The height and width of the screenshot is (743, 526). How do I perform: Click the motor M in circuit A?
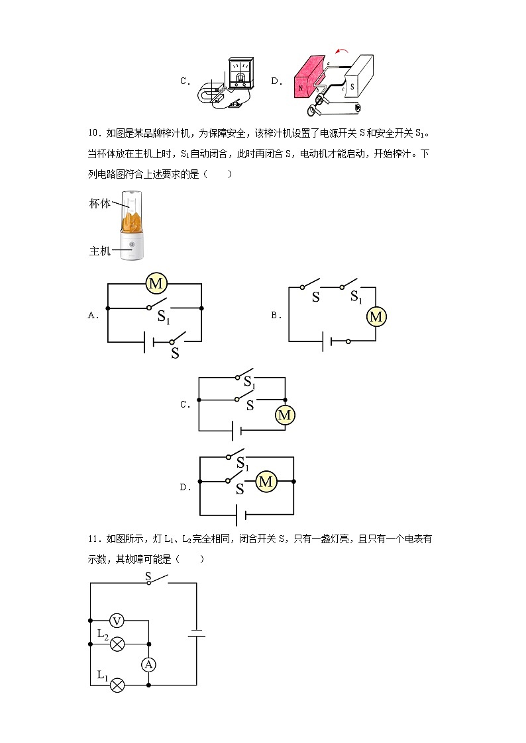pyautogui.click(x=156, y=284)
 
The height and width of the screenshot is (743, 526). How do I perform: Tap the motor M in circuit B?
pyautogui.click(x=376, y=317)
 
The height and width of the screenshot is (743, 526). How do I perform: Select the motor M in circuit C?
pyautogui.click(x=285, y=415)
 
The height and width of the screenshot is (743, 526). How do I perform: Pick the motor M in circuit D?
pyautogui.click(x=266, y=482)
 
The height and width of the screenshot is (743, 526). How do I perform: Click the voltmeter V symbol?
pyautogui.click(x=117, y=621)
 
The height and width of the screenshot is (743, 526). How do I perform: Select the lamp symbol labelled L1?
pyautogui.click(x=117, y=685)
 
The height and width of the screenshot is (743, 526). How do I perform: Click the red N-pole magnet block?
pyautogui.click(x=307, y=81)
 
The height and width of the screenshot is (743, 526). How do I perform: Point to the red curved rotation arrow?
pyautogui.click(x=342, y=50)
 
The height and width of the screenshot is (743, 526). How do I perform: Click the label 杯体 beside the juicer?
pyautogui.click(x=100, y=204)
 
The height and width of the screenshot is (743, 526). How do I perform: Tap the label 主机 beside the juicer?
pyautogui.click(x=100, y=251)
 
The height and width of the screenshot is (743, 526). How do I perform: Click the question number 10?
pyautogui.click(x=93, y=134)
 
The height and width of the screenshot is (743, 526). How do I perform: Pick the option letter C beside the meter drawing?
pyautogui.click(x=185, y=81)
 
